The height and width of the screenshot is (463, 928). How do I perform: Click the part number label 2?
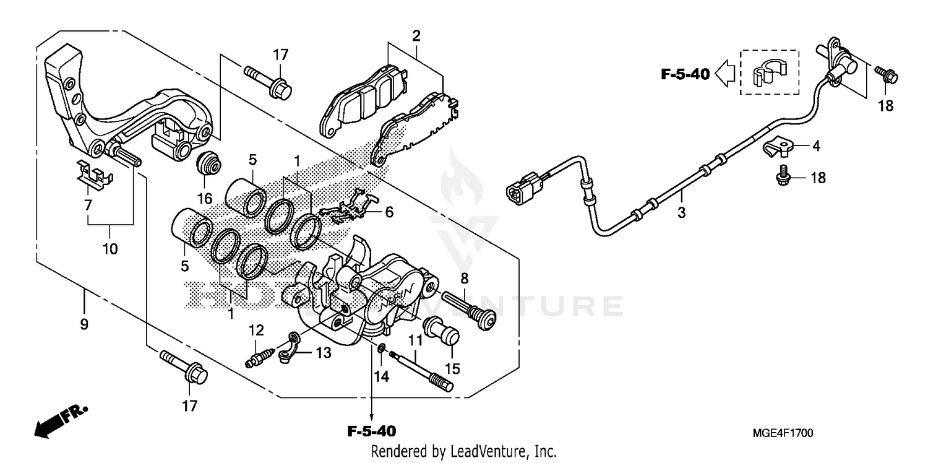click(x=416, y=36)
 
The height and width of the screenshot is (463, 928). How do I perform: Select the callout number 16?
click(x=205, y=199)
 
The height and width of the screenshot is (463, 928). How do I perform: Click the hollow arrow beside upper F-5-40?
click(x=724, y=75)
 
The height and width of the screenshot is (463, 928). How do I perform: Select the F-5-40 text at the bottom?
click(x=371, y=431)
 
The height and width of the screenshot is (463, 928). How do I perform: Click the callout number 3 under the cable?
click(x=682, y=214)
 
